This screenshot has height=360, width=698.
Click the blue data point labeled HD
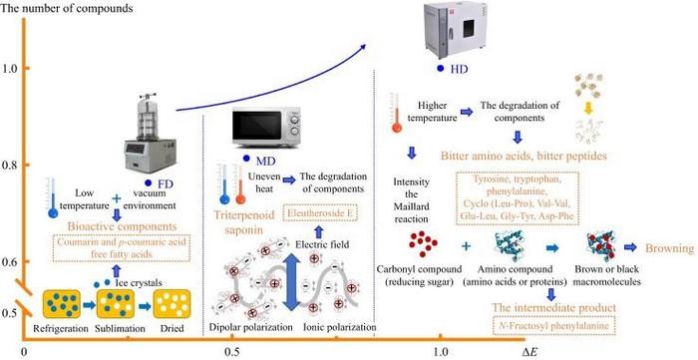[x=441, y=69]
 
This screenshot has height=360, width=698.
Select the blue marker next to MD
[x=246, y=159]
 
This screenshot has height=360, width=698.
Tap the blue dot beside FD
[x=149, y=182]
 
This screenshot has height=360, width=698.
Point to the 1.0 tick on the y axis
[x=25, y=68]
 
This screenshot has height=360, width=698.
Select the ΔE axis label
[x=529, y=352]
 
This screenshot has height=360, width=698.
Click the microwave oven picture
[x=266, y=127]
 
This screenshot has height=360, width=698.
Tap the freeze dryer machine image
[x=150, y=133]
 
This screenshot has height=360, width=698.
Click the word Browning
[x=670, y=248]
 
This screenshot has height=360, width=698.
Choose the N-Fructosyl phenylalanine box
[x=553, y=326]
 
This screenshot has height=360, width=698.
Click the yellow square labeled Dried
[x=172, y=303]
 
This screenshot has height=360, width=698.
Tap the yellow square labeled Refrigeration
[x=62, y=304]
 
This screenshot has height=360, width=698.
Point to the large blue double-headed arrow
[x=290, y=275]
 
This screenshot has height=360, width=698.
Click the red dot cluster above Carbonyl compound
[x=423, y=244]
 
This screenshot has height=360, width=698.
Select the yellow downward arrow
[x=588, y=108]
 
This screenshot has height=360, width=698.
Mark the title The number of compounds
[x=67, y=8]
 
